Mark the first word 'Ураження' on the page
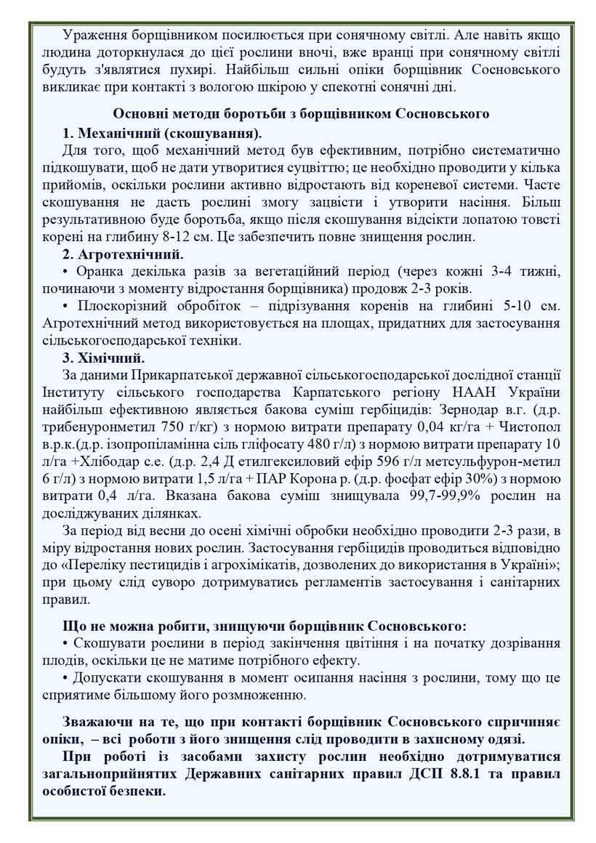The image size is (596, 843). [x=92, y=36]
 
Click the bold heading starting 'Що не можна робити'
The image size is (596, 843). [x=265, y=626]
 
